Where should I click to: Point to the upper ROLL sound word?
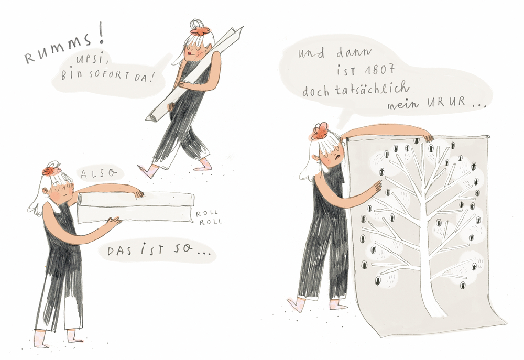pyautogui.click(x=207, y=213)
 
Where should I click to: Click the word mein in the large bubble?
pyautogui.click(x=402, y=105)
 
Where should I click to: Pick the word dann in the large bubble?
pyautogui.click(x=354, y=52)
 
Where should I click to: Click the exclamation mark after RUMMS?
pyautogui.click(x=101, y=36)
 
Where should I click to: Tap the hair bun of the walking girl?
pyautogui.click(x=197, y=24)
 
